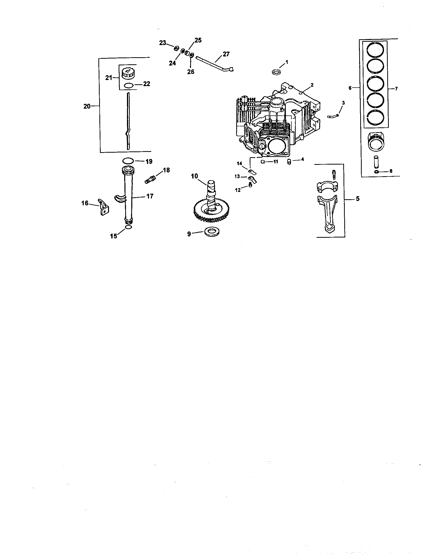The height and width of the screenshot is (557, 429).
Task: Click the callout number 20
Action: (x=87, y=106)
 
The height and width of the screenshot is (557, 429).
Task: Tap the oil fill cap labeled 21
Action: (x=127, y=74)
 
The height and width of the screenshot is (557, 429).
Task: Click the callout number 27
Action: (x=226, y=54)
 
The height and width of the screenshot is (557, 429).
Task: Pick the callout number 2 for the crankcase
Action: (x=312, y=85)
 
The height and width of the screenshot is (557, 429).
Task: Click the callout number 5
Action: (x=358, y=199)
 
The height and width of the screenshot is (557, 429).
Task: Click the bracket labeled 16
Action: (x=103, y=208)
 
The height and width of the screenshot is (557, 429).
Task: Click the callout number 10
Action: (x=194, y=176)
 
